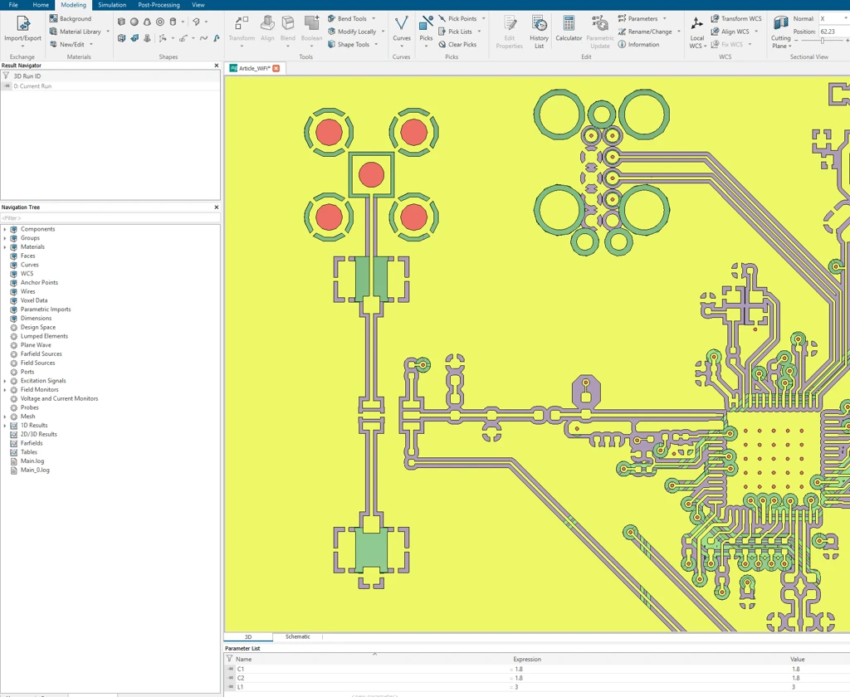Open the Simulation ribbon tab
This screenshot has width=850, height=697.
pyautogui.click(x=112, y=5)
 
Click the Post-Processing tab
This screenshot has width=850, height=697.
pyautogui.click(x=159, y=5)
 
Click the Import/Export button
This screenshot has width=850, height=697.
pyautogui.click(x=22, y=30)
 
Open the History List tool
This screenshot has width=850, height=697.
pyautogui.click(x=539, y=32)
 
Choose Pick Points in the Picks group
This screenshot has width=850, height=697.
pyautogui.click(x=462, y=18)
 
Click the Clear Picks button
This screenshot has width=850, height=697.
pyautogui.click(x=457, y=45)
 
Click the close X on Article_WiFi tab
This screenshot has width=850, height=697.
pyautogui.click(x=276, y=68)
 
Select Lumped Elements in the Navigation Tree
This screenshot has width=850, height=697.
pyautogui.click(x=44, y=336)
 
